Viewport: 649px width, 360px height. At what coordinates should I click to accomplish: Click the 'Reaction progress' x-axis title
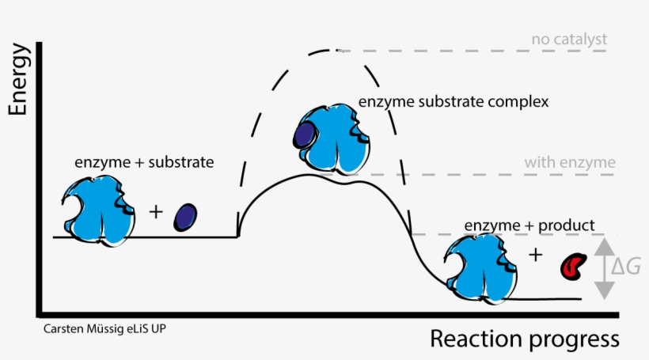click(x=524, y=339)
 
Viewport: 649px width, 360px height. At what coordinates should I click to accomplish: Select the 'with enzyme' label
click(x=569, y=163)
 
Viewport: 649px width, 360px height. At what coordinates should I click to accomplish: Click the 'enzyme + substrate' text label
click(x=144, y=162)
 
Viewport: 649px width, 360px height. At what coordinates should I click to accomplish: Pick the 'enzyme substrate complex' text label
click(x=454, y=103)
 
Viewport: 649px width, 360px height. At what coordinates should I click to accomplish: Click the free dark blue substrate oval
click(x=185, y=216)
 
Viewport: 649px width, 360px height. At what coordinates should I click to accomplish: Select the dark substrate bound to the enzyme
click(x=302, y=135)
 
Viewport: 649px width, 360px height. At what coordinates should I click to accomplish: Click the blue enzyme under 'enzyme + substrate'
click(x=97, y=210)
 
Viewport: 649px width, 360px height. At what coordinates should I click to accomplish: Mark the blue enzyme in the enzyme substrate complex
click(x=332, y=138)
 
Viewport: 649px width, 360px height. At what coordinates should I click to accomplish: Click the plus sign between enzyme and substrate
click(x=155, y=212)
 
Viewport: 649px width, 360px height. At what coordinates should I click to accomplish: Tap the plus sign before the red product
click(x=536, y=254)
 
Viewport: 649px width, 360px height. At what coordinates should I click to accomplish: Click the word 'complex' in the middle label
click(x=523, y=103)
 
